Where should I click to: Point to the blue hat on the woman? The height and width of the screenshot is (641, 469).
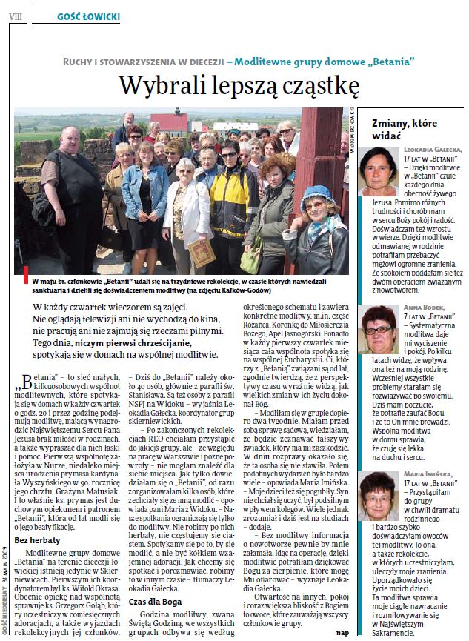click(x=316, y=198)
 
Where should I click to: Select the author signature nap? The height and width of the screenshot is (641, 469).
click(x=342, y=631)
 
